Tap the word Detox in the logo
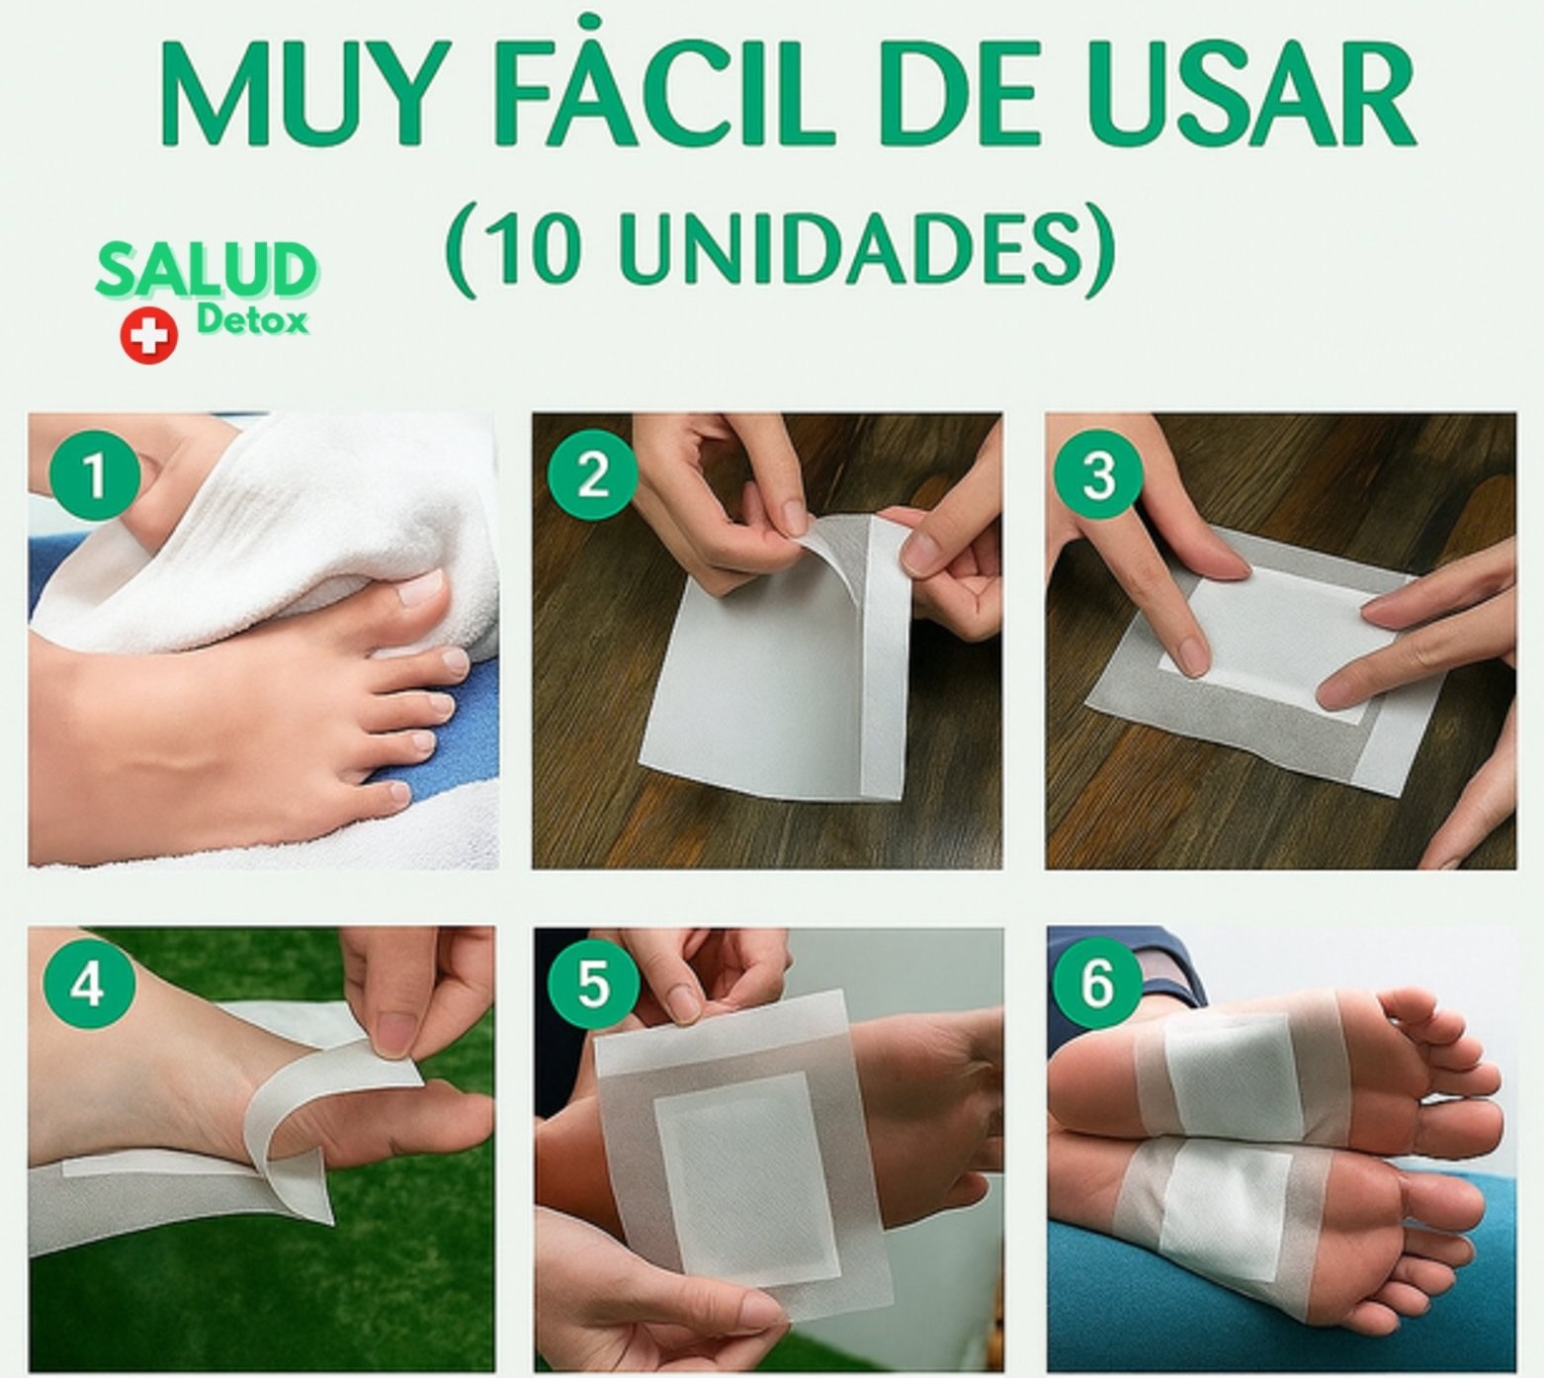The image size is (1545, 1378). tap(251, 320)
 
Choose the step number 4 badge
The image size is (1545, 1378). tap(88, 985)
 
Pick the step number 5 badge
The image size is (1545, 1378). tap(592, 985)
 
